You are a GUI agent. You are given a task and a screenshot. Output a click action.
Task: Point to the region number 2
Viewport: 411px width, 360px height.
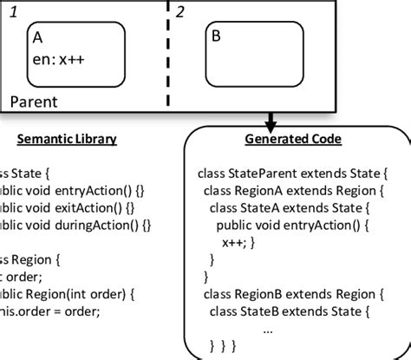pyautogui.click(x=180, y=11)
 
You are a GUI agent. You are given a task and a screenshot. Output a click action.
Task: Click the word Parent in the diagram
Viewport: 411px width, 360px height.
pyautogui.click(x=34, y=101)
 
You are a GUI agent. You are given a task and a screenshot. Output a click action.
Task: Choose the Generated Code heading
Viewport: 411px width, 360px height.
pyautogui.click(x=293, y=139)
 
